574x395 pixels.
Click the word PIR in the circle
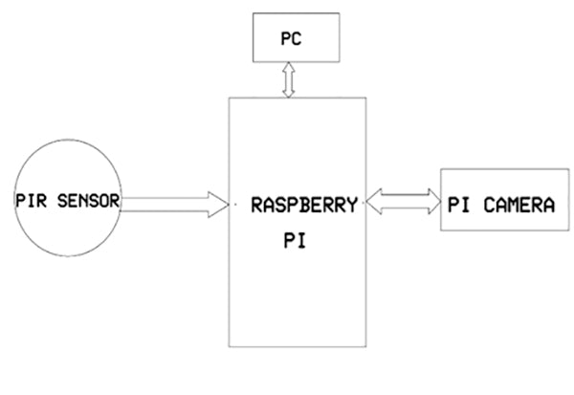click(x=32, y=201)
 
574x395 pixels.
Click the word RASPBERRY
click(x=304, y=204)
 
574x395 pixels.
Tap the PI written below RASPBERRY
click(x=294, y=243)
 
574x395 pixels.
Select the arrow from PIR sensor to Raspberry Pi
click(x=172, y=202)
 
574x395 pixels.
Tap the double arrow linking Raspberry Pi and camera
click(x=399, y=202)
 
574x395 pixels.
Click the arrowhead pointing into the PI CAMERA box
click(x=429, y=202)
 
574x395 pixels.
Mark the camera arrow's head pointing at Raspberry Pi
click(x=370, y=202)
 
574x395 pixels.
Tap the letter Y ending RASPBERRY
click(x=353, y=204)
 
